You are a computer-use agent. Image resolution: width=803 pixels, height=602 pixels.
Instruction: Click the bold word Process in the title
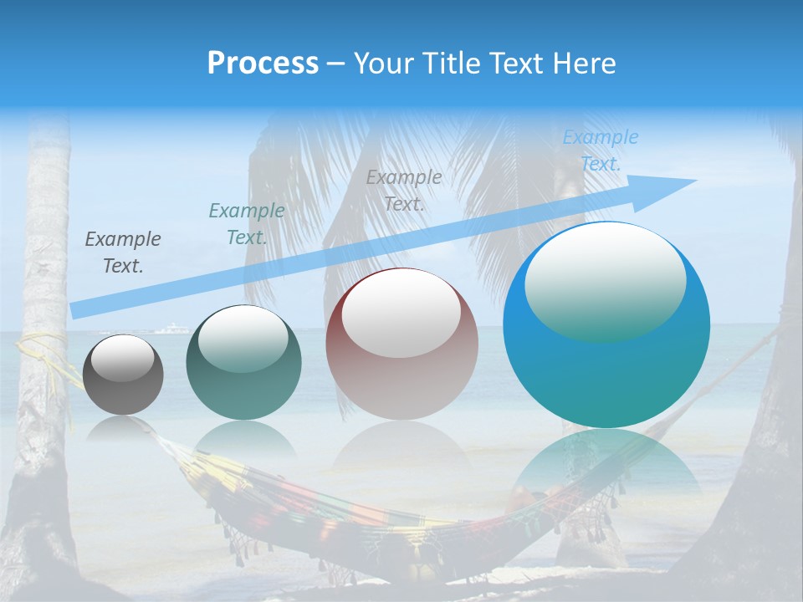[263, 64]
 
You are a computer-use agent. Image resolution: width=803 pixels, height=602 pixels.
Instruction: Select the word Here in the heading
[585, 64]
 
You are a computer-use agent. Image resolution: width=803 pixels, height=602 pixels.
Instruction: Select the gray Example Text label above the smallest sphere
[123, 253]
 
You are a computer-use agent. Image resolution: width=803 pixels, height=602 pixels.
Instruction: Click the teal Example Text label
[246, 224]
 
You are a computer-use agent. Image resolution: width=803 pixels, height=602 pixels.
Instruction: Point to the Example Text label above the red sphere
[404, 190]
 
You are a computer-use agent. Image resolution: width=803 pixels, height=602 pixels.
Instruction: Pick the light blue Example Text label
[601, 150]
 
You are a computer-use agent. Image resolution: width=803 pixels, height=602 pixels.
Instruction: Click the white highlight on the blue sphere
[605, 280]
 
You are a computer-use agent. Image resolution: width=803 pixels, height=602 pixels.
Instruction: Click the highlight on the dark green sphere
[243, 339]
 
